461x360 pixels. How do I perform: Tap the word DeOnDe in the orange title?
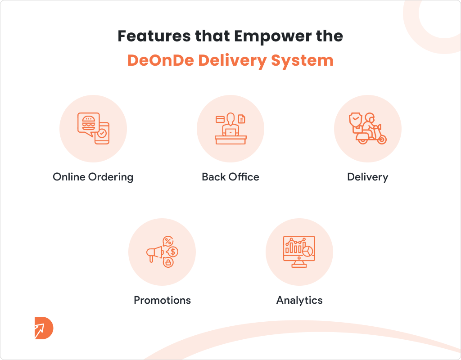pyautogui.click(x=161, y=60)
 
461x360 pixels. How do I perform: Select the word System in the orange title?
pyautogui.click(x=302, y=61)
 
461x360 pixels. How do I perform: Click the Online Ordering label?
pyautogui.click(x=93, y=177)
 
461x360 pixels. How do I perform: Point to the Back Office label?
pyautogui.click(x=230, y=177)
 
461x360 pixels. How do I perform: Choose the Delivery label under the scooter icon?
pyautogui.click(x=367, y=177)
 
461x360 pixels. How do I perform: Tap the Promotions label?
pyautogui.click(x=162, y=300)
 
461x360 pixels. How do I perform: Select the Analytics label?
pyautogui.click(x=299, y=300)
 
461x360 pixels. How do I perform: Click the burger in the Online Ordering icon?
pyautogui.click(x=89, y=123)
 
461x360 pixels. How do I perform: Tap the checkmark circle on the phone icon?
pyautogui.click(x=102, y=133)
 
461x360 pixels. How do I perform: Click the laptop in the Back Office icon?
pyautogui.click(x=230, y=133)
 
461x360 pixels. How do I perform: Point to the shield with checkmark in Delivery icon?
pyautogui.click(x=356, y=119)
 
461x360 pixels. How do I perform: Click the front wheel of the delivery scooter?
pyautogui.click(x=382, y=139)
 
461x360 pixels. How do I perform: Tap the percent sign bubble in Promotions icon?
pyautogui.click(x=168, y=242)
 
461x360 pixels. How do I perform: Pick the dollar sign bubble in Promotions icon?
pyautogui.click(x=172, y=252)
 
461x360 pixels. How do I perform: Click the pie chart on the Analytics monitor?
pyautogui.click(x=308, y=251)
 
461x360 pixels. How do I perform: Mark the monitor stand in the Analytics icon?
pyautogui.click(x=299, y=264)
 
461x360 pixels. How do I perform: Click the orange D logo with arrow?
pyautogui.click(x=44, y=328)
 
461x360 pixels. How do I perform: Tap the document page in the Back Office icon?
pyautogui.click(x=242, y=119)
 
